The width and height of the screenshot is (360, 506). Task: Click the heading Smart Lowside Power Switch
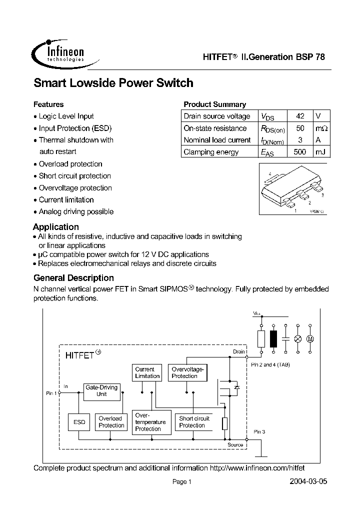[113, 83]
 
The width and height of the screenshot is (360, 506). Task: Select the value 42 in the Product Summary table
[300, 116]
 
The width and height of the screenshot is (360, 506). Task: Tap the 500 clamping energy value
[300, 152]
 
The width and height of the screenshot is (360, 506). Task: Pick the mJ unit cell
[321, 152]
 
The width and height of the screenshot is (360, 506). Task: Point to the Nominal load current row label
[217, 140]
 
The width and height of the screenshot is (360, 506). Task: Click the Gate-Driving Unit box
[101, 390]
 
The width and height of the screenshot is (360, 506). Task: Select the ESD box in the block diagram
[79, 422]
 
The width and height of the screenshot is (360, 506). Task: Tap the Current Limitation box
[147, 373]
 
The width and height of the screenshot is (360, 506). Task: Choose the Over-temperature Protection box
[149, 422]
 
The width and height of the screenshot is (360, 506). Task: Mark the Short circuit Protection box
[194, 422]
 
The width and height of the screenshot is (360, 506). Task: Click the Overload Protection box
[111, 422]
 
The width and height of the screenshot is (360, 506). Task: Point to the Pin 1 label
[51, 393]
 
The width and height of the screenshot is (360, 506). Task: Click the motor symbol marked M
[309, 338]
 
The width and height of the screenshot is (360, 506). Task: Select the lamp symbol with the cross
[298, 338]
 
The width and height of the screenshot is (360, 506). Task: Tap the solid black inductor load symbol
[273, 338]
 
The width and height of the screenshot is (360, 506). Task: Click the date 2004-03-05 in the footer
[308, 482]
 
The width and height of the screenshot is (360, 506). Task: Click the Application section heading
[56, 226]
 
